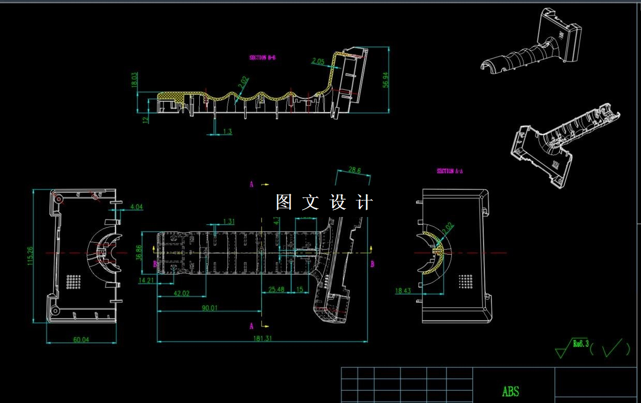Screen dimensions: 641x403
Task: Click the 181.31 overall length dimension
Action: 262,338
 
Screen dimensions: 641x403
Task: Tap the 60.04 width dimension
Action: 81,339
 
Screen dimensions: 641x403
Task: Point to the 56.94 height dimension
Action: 385,80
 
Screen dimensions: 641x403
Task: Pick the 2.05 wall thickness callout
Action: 318,61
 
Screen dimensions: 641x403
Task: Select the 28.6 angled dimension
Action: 354,169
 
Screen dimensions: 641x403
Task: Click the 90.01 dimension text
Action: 210,308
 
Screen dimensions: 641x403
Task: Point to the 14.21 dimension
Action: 147,281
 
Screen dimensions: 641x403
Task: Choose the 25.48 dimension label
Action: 276,290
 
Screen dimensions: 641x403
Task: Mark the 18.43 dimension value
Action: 403,291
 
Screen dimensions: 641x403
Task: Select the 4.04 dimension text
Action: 137,207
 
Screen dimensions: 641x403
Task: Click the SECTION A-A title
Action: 449,171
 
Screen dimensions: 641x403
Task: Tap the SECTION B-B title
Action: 262,58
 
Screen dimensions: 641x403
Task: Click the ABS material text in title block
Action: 510,392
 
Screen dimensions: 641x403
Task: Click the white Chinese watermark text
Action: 324,202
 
